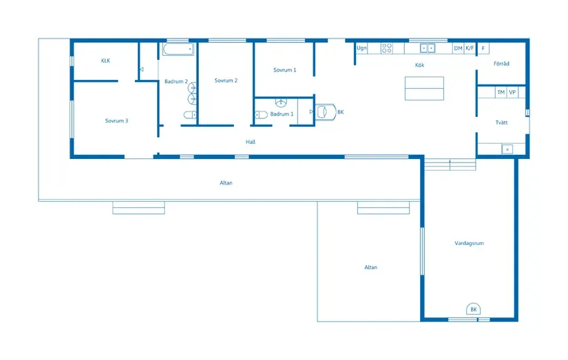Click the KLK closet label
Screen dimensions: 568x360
[x=105, y=61]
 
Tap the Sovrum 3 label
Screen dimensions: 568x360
[x=116, y=120]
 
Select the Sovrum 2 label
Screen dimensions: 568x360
[x=226, y=81]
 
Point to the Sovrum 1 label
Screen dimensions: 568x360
[x=285, y=70]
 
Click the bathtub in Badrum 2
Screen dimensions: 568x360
[x=178, y=50]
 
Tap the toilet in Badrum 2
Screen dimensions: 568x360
[x=190, y=115]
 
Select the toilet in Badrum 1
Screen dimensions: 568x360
[x=261, y=115]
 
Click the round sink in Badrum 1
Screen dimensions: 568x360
[x=281, y=103]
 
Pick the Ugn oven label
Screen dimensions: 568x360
[x=361, y=47]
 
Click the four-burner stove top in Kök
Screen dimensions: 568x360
[x=387, y=48]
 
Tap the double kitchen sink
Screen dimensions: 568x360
[x=428, y=48]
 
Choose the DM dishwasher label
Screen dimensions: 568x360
[x=459, y=48]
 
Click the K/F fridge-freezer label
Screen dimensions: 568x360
[x=470, y=47]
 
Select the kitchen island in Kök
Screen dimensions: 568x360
[x=424, y=88]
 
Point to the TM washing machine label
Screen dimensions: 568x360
[x=501, y=92]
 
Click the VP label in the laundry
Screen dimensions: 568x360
[x=512, y=92]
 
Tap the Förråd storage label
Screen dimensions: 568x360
[x=501, y=63]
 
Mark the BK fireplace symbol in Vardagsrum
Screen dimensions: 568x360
[x=474, y=309]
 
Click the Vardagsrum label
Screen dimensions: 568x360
[x=469, y=243]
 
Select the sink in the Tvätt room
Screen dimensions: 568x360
[x=507, y=149]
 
